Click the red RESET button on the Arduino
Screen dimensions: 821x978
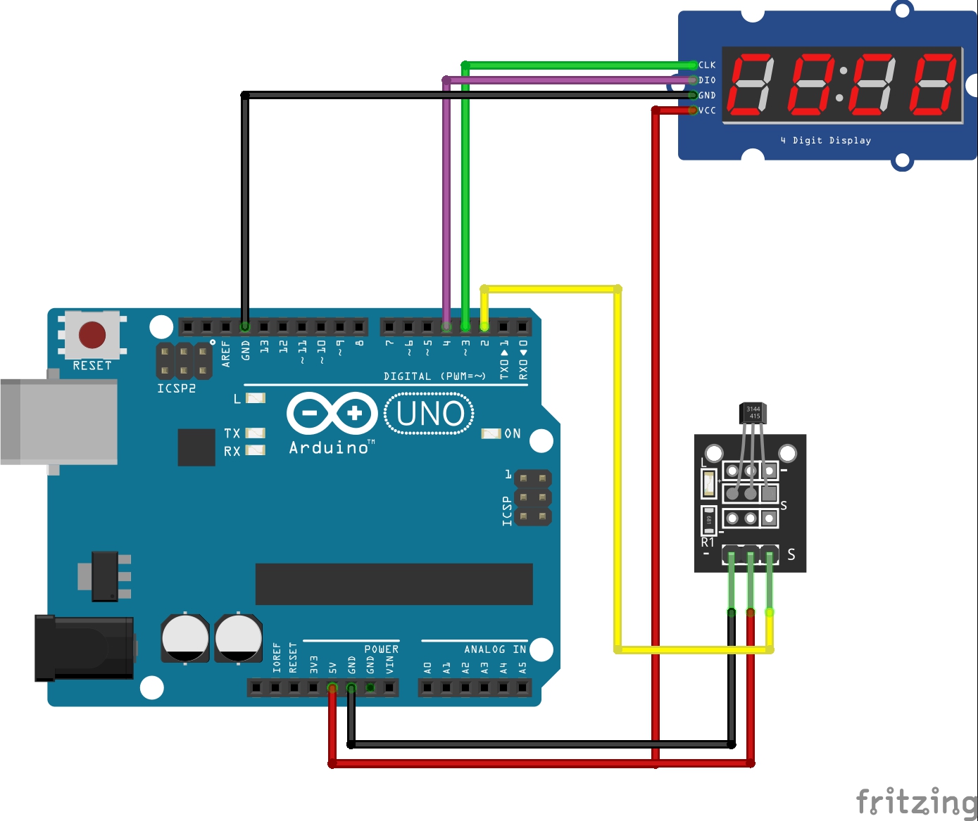point(92,335)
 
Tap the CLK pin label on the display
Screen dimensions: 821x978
point(707,65)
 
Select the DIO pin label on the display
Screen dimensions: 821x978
point(707,80)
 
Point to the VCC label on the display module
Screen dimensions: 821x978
point(707,110)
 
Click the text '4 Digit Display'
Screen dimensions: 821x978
point(825,141)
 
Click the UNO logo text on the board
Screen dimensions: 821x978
point(430,414)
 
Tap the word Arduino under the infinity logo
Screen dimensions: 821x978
point(329,447)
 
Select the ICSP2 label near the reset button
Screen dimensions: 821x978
point(176,388)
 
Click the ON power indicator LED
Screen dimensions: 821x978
point(491,433)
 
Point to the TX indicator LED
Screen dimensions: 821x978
point(255,433)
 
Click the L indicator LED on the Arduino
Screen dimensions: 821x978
point(255,398)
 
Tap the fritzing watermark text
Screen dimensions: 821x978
point(916,802)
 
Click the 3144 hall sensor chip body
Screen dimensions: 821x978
point(753,413)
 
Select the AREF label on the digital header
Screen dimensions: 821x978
point(226,353)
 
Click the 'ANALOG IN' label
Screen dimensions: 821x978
point(495,649)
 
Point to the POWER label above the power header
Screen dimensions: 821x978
point(381,649)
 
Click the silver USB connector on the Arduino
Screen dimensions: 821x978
point(59,421)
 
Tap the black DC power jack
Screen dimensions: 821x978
point(84,648)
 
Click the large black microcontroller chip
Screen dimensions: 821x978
point(394,584)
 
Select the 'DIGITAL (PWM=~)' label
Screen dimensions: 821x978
point(434,376)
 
